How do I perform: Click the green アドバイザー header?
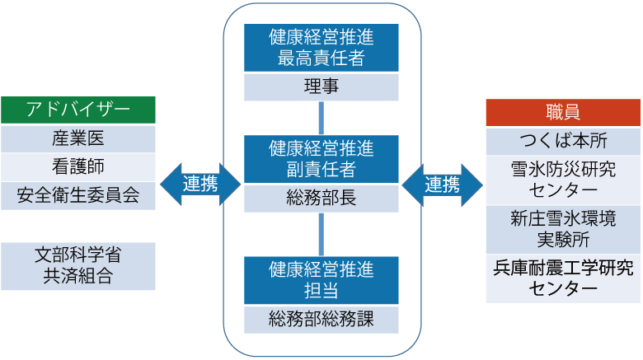[77, 110]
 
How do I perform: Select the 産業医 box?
[77, 138]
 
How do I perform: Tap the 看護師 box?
[77, 166]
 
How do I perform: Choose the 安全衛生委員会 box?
[77, 195]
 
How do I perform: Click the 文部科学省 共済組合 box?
[77, 265]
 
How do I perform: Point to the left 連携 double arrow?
[199, 184]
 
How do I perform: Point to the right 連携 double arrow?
[443, 184]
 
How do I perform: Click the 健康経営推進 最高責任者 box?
[321, 47]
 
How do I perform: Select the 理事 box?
[321, 86]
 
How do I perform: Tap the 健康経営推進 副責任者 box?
[321, 160]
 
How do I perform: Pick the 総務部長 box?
[321, 198]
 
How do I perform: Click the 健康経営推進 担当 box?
[321, 279]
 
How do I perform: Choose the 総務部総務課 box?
[321, 318]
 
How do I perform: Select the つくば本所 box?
[563, 141]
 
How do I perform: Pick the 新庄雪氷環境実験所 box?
[563, 229]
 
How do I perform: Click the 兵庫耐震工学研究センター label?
[563, 278]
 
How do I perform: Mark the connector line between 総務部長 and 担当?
[321, 233]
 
